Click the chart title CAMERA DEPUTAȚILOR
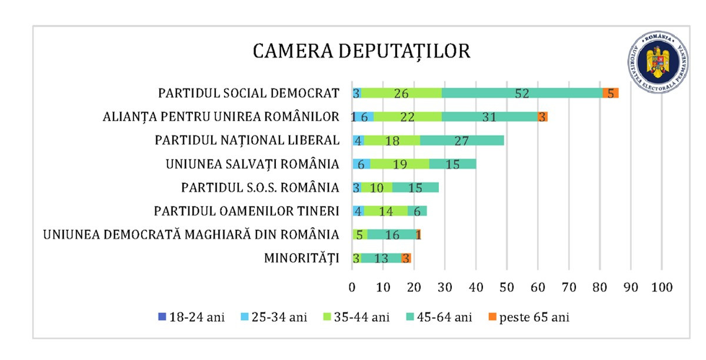361,51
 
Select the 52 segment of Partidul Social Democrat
521,93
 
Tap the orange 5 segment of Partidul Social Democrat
611,93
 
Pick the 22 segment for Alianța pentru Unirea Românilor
407,116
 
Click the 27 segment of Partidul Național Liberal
462,140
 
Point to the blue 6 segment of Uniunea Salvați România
361,164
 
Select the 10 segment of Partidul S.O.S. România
377,188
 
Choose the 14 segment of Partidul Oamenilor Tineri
385,211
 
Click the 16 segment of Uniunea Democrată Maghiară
392,235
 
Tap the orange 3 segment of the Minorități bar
406,258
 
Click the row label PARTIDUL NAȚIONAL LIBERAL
247,140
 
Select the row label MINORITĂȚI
301,258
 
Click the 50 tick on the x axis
507,288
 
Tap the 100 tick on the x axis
661,288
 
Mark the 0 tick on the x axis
352,288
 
